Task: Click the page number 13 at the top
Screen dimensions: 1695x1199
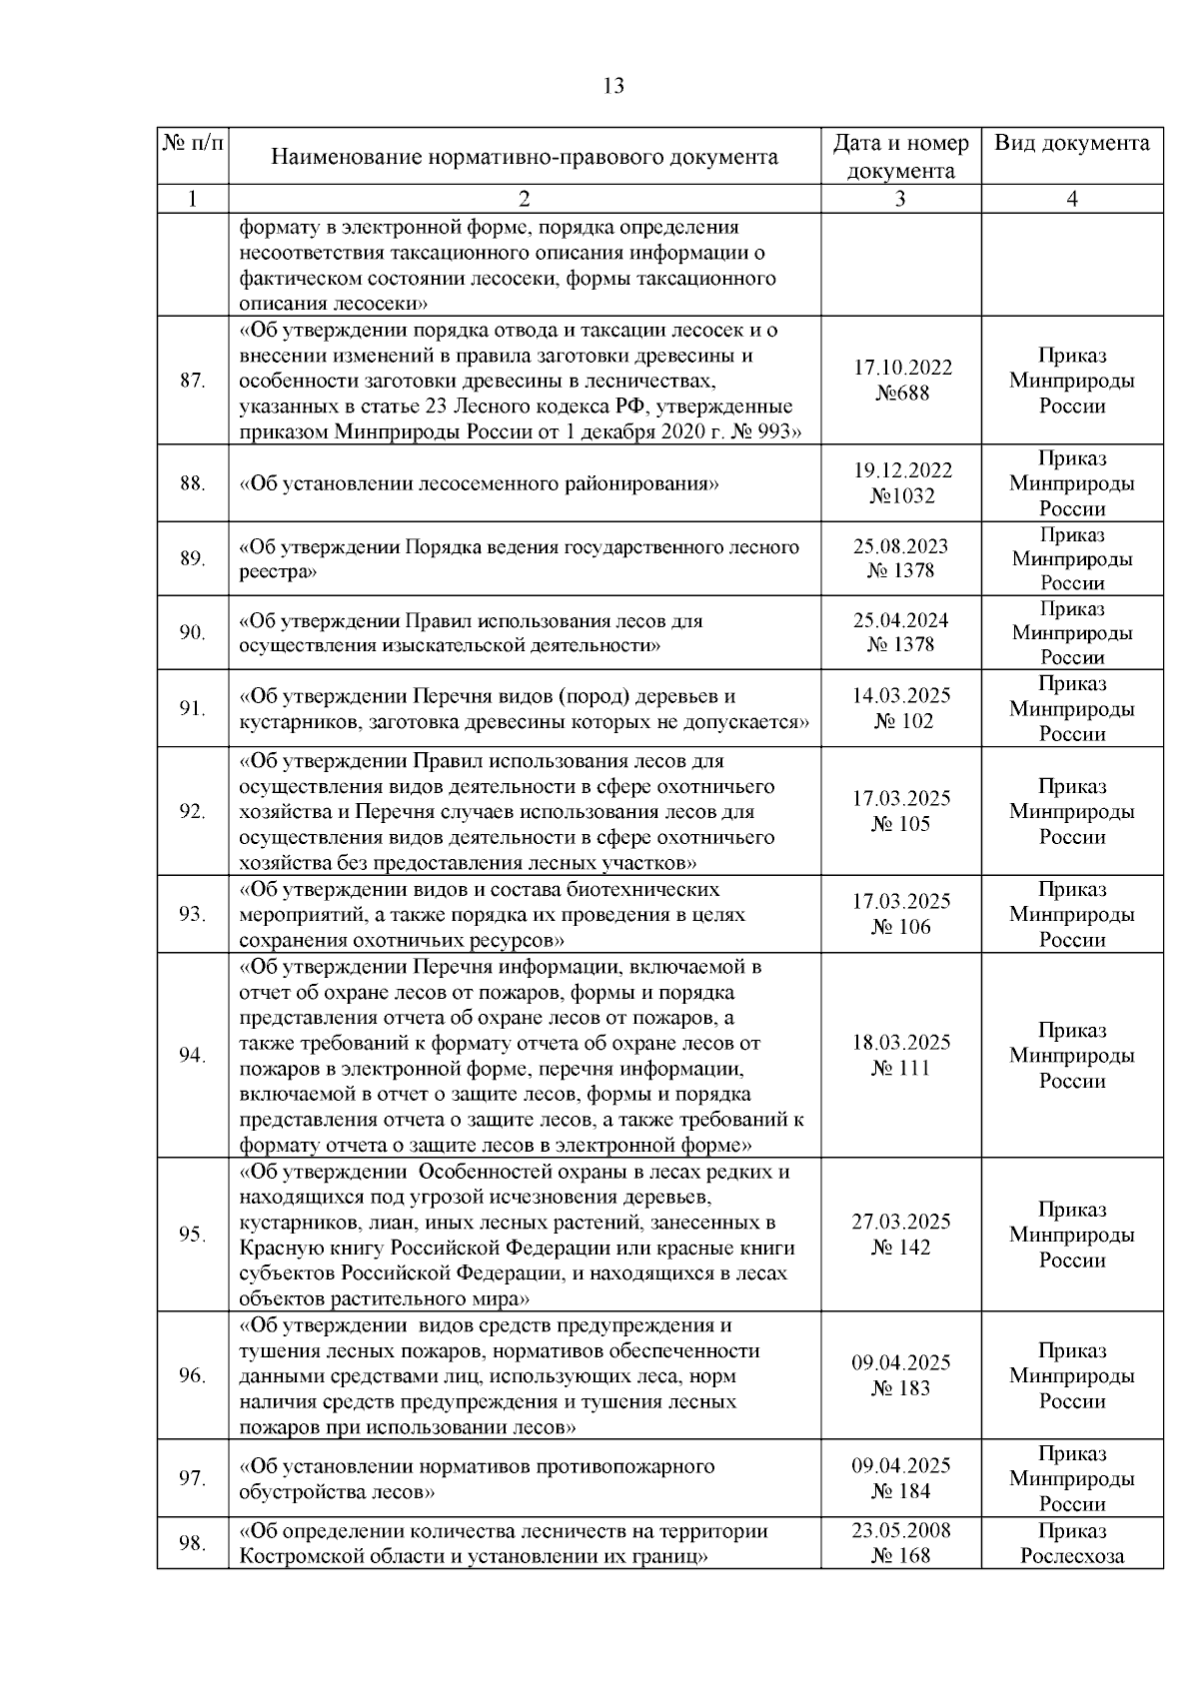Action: coord(613,86)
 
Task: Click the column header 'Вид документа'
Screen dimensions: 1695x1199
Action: coord(1071,143)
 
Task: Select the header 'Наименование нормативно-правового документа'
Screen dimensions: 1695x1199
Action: coord(525,157)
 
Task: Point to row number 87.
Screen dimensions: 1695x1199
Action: coord(192,381)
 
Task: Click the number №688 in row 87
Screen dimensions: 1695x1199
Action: coord(901,394)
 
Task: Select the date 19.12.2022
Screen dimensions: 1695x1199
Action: coord(901,470)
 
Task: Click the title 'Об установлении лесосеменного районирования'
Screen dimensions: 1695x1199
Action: coord(480,483)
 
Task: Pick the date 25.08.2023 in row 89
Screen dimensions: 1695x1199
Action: coord(901,546)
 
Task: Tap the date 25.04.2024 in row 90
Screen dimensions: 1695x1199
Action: coord(901,620)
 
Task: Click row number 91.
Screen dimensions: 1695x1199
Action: coord(192,709)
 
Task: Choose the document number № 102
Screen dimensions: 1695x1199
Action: coord(901,721)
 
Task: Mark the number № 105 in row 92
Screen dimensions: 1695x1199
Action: coord(901,824)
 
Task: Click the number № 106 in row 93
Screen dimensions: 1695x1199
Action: coord(901,927)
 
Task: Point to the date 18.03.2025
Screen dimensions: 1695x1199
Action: coord(901,1043)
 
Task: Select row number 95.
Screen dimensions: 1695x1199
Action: coord(192,1235)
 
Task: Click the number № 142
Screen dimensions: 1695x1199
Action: coord(901,1248)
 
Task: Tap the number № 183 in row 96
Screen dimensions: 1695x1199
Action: coord(901,1388)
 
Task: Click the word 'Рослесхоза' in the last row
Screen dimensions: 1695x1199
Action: coord(1071,1556)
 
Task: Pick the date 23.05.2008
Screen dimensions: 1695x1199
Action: coord(901,1530)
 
